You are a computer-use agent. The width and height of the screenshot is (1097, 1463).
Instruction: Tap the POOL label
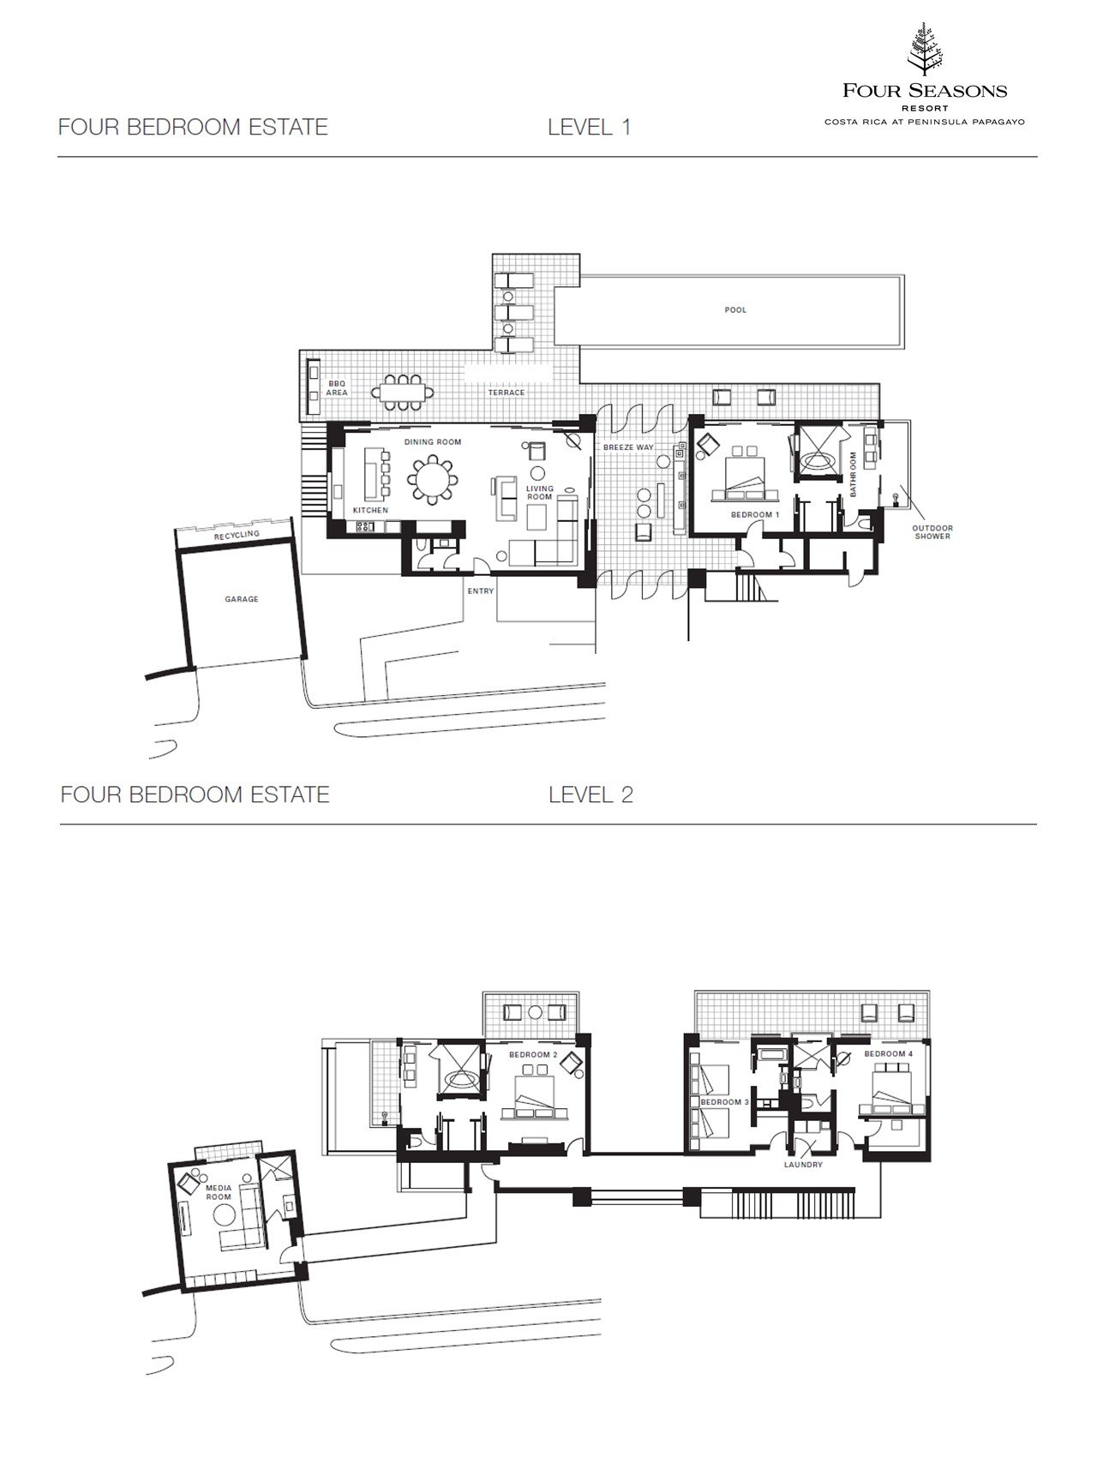click(735, 309)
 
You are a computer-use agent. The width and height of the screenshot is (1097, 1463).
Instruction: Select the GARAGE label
click(241, 599)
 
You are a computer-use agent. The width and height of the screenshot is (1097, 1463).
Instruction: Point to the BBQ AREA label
click(337, 387)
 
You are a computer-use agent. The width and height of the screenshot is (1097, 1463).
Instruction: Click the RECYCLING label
click(237, 535)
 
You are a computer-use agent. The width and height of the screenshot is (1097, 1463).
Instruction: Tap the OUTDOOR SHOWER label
click(932, 532)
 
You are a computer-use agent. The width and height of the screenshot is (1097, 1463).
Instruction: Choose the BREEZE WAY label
click(628, 447)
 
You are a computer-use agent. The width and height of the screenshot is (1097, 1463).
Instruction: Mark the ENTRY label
click(481, 591)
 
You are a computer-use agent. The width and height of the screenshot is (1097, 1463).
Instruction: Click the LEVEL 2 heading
click(590, 794)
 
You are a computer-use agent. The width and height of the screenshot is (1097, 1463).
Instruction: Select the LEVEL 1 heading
click(590, 127)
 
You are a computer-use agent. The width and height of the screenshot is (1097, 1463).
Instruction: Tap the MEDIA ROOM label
click(218, 1192)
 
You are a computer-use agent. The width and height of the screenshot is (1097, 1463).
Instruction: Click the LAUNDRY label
click(803, 1165)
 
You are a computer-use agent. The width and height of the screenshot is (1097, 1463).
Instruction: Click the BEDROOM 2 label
click(533, 1054)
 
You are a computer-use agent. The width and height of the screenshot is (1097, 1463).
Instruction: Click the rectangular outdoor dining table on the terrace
click(402, 392)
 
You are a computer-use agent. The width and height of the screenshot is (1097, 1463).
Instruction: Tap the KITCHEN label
click(370, 510)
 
